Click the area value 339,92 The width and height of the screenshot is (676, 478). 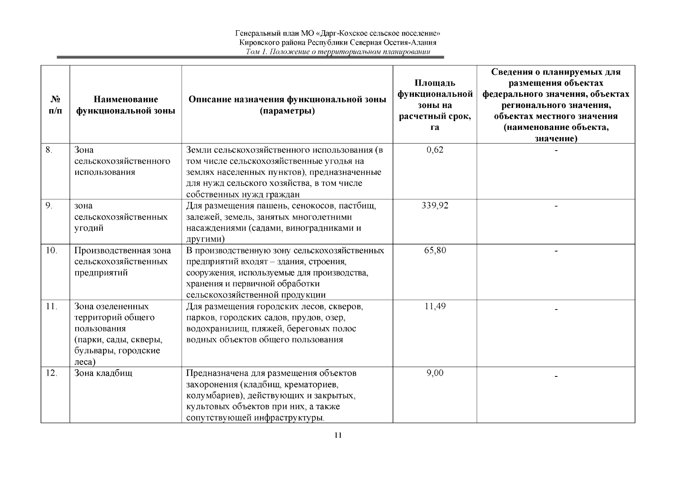(x=435, y=206)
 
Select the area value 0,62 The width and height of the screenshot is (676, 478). (x=435, y=150)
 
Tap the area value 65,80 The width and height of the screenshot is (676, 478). (x=435, y=251)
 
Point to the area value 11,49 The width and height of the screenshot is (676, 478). (x=435, y=306)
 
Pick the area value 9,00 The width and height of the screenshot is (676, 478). (x=435, y=373)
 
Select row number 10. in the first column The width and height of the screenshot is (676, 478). (x=51, y=251)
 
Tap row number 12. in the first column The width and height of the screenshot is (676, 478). (x=51, y=373)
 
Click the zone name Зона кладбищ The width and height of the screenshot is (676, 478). (x=103, y=373)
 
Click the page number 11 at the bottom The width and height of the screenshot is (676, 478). (x=338, y=435)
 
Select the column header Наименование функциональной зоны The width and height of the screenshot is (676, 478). (x=125, y=105)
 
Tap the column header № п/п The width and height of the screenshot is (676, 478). (x=55, y=105)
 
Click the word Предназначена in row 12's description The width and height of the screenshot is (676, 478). (x=218, y=373)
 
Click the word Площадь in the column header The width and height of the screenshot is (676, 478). (x=435, y=83)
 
